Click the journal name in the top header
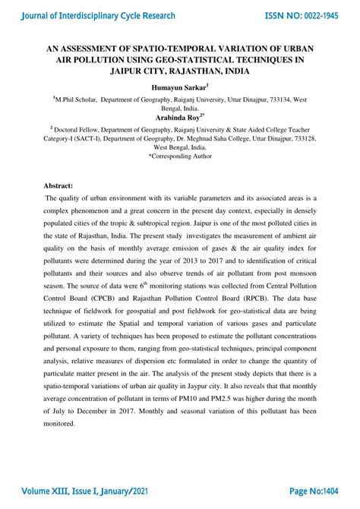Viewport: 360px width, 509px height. (99, 15)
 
